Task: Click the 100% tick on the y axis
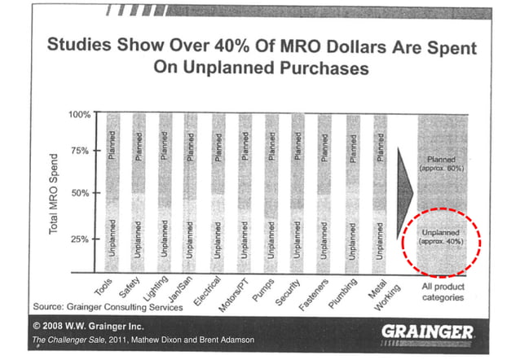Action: pos(78,113)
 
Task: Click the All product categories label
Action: pos(443,292)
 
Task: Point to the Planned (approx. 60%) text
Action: pos(442,163)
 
